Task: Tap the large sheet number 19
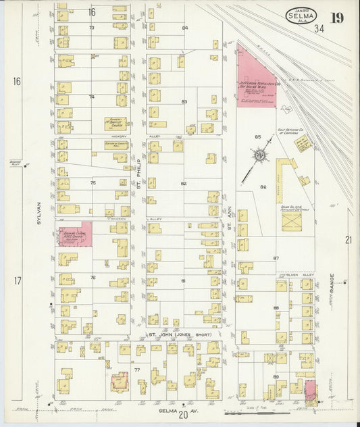336,18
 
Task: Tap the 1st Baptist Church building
115,124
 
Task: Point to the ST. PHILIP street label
138,174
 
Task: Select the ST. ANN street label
230,221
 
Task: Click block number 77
136,370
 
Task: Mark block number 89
276,376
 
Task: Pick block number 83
184,101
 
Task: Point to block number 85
257,137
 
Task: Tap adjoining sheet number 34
319,28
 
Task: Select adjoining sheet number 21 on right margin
349,240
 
